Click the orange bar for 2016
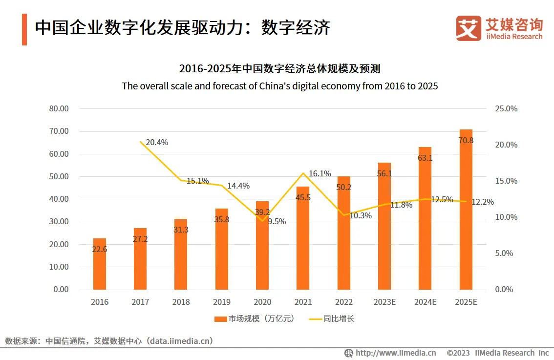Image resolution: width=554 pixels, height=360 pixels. coord(100,264)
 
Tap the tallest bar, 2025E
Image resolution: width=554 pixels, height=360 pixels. coord(466,210)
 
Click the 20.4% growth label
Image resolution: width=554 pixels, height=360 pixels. coord(157,143)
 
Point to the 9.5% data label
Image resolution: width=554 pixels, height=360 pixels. coord(277,221)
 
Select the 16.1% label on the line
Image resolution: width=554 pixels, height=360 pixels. coord(320,173)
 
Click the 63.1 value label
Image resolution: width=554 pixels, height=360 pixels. coord(425,158)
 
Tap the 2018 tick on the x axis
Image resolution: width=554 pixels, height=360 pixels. coord(181,302)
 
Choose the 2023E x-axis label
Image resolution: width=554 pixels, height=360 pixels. coord(384,302)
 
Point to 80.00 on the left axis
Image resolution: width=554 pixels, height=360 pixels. coord(59,108)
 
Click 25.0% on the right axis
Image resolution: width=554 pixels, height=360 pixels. coord(506,108)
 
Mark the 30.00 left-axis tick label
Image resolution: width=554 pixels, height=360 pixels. coord(59,222)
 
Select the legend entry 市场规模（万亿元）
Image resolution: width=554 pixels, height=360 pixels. coord(255,319)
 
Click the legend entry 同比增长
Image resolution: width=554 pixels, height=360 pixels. coord(332,319)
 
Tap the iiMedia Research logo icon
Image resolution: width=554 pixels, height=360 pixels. coord(469,28)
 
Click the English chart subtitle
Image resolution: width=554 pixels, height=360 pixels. coord(280,86)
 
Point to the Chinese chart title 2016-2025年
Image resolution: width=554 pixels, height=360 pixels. coord(279,68)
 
